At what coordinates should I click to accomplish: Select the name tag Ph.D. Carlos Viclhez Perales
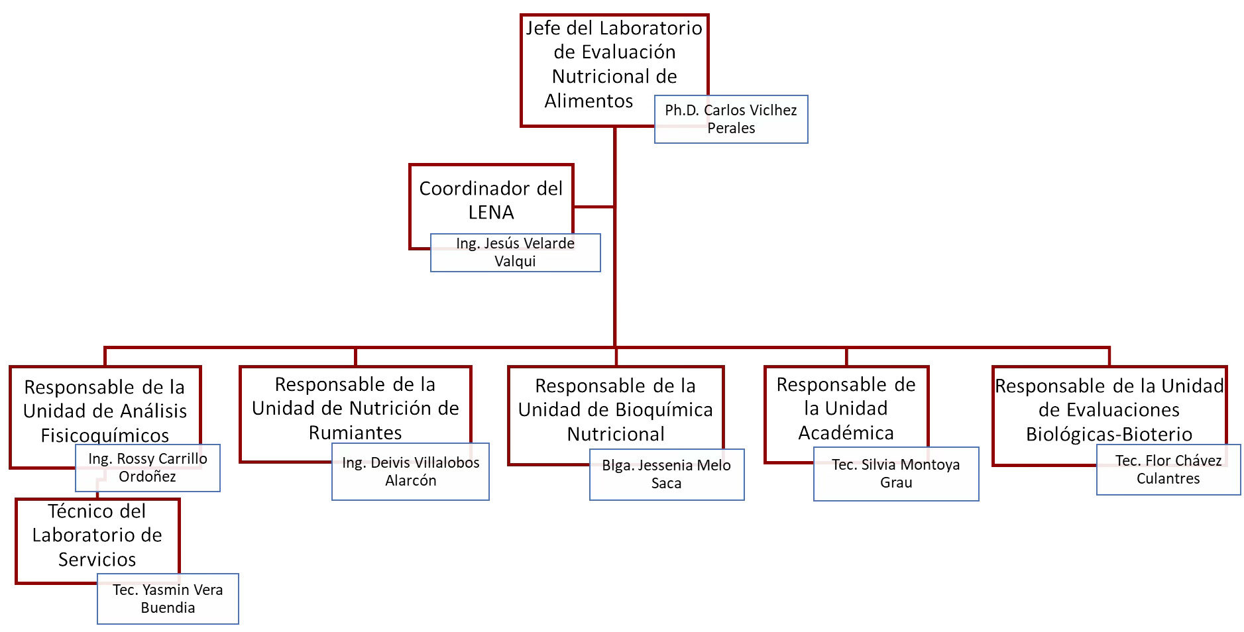tap(730, 119)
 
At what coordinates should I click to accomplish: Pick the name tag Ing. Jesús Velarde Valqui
tap(515, 252)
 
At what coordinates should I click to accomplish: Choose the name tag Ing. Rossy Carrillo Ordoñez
tap(147, 468)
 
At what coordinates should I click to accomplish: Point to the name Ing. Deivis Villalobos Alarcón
tap(410, 472)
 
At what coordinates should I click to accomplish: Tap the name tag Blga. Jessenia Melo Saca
tap(666, 474)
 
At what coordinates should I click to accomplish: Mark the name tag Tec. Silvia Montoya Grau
tap(895, 474)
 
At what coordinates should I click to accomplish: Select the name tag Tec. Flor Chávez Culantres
tap(1168, 470)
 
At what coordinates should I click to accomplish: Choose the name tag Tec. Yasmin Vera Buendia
tap(168, 599)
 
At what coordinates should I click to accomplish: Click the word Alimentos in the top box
tap(589, 101)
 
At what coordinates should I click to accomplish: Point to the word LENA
tap(490, 213)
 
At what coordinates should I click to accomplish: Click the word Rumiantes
tap(355, 433)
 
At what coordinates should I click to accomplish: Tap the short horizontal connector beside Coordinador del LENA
tap(594, 207)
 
